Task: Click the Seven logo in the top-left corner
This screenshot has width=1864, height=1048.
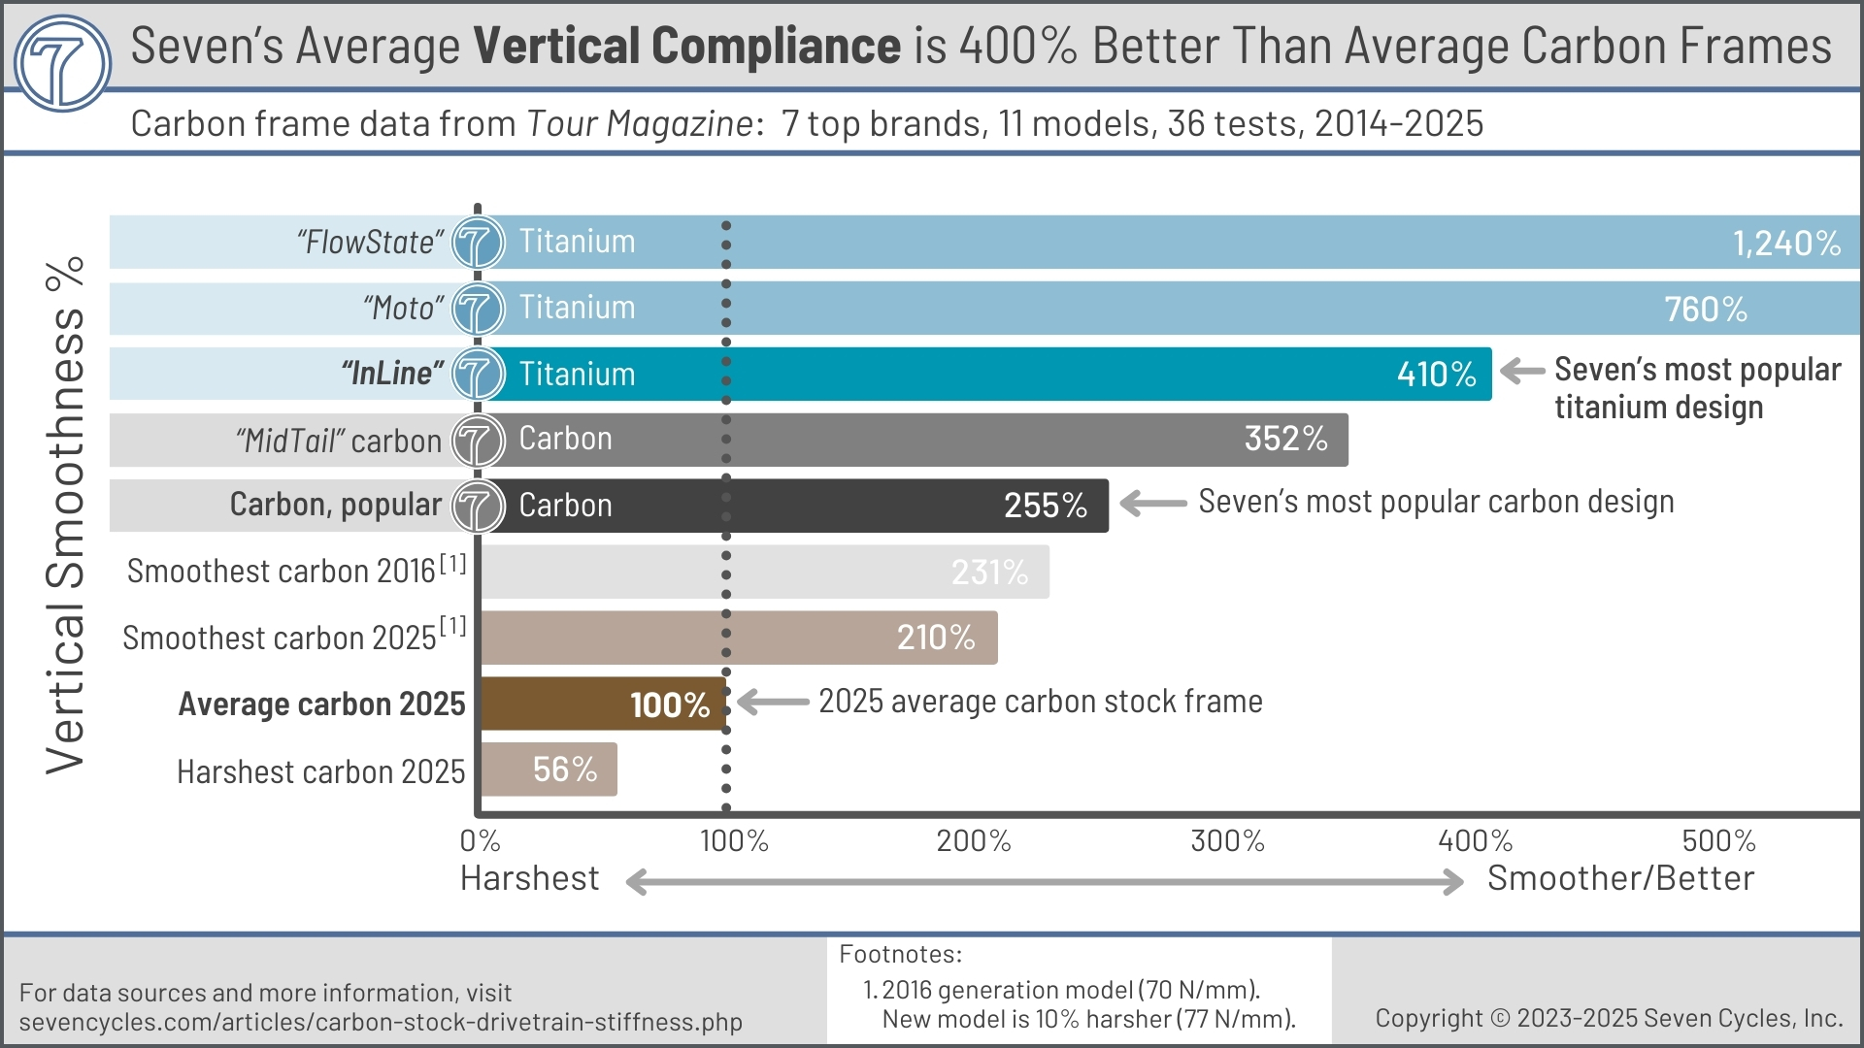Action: [63, 63]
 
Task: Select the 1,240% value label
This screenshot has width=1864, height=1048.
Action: [1786, 243]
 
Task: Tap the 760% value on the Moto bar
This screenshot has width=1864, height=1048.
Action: [1706, 309]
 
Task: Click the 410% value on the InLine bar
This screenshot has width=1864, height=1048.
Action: [1436, 374]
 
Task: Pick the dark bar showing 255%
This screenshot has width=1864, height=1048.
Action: [796, 506]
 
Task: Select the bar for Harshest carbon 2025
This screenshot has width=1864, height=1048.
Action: [549, 770]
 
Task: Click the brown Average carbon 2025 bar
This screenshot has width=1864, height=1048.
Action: [602, 704]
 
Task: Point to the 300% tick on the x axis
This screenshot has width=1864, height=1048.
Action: [1227, 840]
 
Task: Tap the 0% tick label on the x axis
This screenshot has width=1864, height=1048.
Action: [480, 840]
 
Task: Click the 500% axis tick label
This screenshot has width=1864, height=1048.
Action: [1718, 840]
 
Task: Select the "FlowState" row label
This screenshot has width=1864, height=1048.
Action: [370, 242]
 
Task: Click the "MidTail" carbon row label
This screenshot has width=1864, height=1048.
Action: [338, 441]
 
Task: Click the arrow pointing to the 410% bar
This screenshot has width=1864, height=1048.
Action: [1522, 371]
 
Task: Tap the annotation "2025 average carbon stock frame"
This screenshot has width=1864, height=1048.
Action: [1040, 701]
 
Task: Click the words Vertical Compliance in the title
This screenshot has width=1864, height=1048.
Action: [686, 46]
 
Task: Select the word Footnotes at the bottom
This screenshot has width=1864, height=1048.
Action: [900, 954]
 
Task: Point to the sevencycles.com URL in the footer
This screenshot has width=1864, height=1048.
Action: [381, 1022]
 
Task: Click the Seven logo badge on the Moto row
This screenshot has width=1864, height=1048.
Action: [478, 309]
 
